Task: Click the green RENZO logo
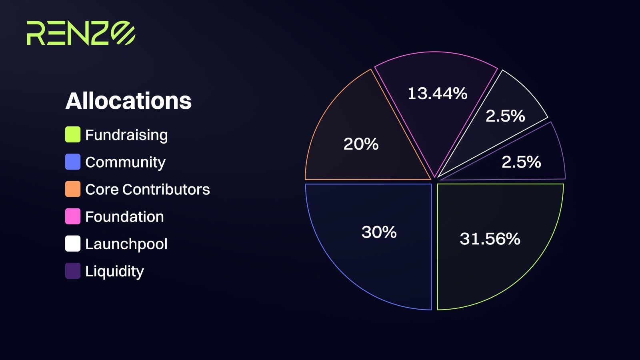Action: (81, 33)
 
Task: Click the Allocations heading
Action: (128, 101)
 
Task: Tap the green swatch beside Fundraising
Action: (73, 134)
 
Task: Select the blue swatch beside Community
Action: (73, 162)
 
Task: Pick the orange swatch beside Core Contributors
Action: (73, 189)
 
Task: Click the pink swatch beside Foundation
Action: (73, 216)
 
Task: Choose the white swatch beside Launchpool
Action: (73, 244)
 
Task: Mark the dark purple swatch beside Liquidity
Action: (73, 270)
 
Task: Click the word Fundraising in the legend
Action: (126, 135)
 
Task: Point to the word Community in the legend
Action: (126, 162)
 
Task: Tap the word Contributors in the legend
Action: (166, 189)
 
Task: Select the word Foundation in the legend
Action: (124, 216)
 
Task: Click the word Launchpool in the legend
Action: (126, 244)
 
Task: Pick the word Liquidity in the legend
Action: (114, 271)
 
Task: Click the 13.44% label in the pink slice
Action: (438, 94)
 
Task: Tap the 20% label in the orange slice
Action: (361, 144)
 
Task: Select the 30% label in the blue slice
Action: (379, 232)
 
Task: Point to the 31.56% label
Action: (490, 238)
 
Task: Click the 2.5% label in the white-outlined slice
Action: (506, 116)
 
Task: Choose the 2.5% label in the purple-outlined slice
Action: (522, 162)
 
